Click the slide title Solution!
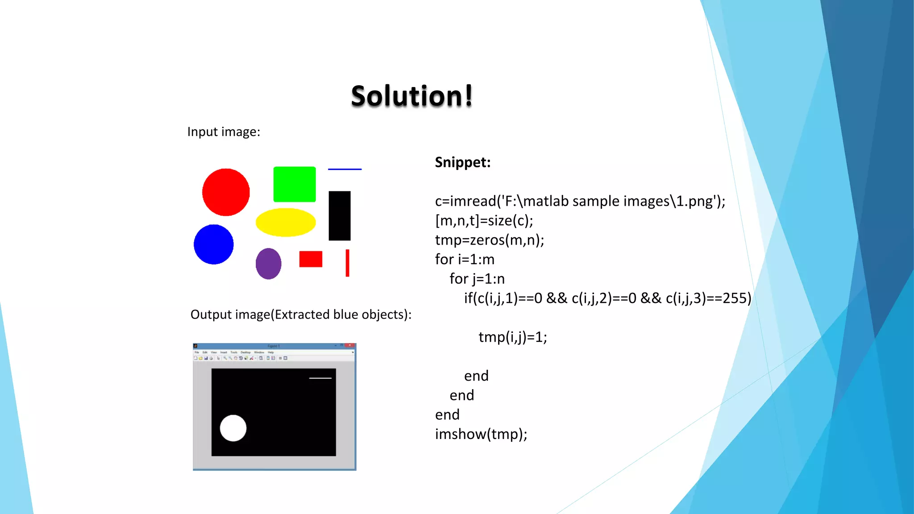pos(411,96)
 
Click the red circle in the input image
pos(226,192)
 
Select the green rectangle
pos(295,184)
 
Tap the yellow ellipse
pos(286,222)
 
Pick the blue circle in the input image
pos(213,245)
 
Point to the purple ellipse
pos(268,264)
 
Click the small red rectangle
pos(311,259)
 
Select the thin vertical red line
pos(347,263)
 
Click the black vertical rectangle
pos(340,216)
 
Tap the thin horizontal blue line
pos(345,169)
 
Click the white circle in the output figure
pos(233,428)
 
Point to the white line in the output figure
pos(320,378)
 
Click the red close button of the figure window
pos(351,345)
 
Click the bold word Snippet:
pos(463,162)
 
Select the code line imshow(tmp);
pos(481,434)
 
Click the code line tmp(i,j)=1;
pos(513,337)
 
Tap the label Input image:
pos(224,132)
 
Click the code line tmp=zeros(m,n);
pos(490,240)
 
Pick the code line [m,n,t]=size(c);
pos(484,220)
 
